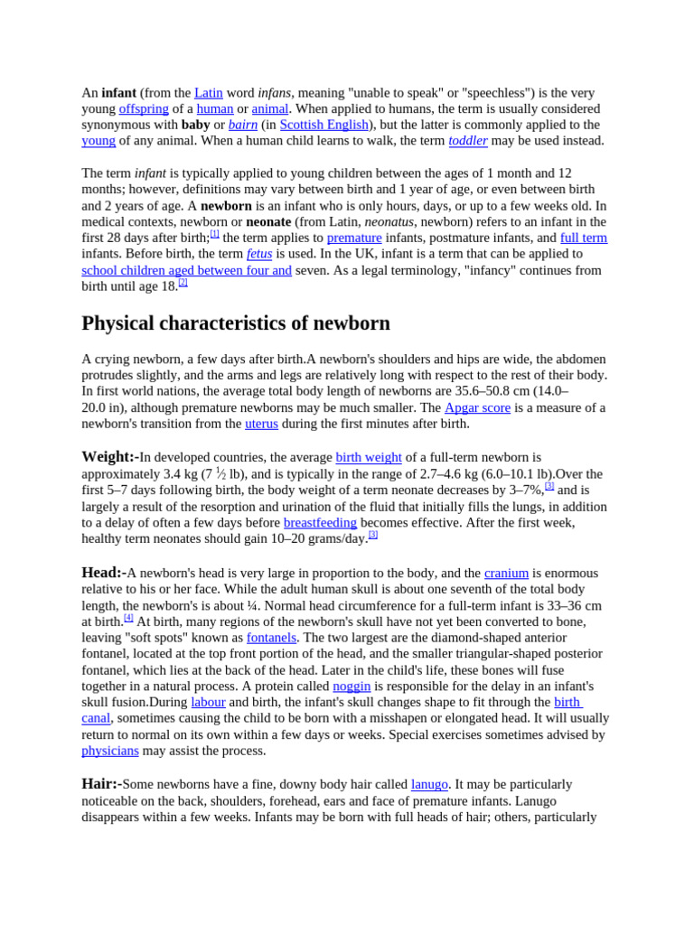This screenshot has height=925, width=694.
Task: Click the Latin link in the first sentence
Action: [208, 93]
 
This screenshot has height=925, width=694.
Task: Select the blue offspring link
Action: [144, 109]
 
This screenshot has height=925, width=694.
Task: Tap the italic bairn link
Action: [243, 125]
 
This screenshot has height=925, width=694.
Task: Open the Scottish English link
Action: [324, 125]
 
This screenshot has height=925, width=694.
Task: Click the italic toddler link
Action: [468, 141]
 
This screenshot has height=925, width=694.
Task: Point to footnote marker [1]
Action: [215, 233]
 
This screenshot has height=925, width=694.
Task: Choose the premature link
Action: [354, 238]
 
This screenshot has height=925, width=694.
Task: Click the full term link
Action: [584, 238]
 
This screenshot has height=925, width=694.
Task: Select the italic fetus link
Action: [259, 255]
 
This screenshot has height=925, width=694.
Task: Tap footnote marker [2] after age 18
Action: [183, 282]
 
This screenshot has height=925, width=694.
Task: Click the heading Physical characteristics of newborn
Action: [236, 323]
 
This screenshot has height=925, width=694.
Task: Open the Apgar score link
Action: [477, 408]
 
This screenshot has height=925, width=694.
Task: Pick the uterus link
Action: [261, 425]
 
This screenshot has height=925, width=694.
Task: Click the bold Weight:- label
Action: [109, 457]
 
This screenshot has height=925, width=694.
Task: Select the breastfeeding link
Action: [320, 523]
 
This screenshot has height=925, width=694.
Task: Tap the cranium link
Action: [506, 574]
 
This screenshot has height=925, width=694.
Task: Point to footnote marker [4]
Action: [128, 618]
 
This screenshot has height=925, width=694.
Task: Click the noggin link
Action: [352, 687]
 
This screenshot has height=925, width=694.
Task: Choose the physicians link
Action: [110, 752]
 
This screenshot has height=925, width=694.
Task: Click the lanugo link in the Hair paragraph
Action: [429, 785]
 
